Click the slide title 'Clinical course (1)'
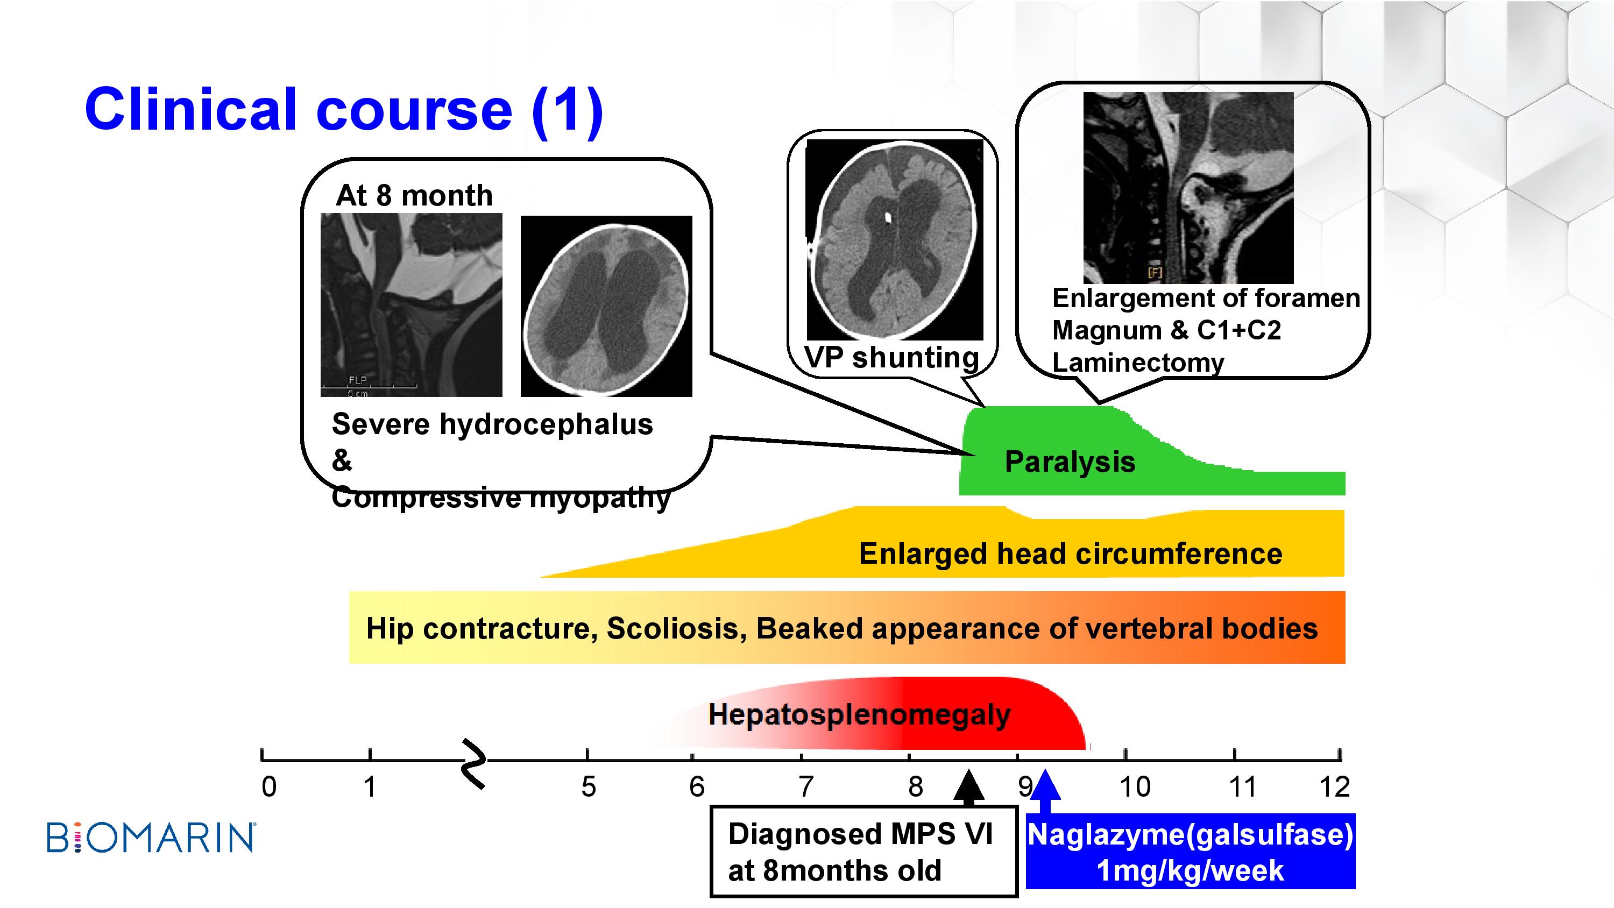(x=344, y=110)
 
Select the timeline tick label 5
(x=589, y=787)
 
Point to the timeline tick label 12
(x=1334, y=787)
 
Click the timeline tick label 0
(x=269, y=787)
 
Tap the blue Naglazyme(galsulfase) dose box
(x=1190, y=851)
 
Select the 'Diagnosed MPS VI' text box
(x=863, y=852)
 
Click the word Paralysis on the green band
(x=1070, y=462)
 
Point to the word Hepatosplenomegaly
(x=860, y=714)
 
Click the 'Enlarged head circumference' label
(x=1071, y=554)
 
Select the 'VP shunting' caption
(x=891, y=358)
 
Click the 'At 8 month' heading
(x=414, y=195)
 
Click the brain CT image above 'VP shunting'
(x=895, y=240)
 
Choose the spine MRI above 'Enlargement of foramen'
(x=1188, y=188)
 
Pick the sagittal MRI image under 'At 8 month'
(x=412, y=305)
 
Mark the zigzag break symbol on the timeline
(x=475, y=764)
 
